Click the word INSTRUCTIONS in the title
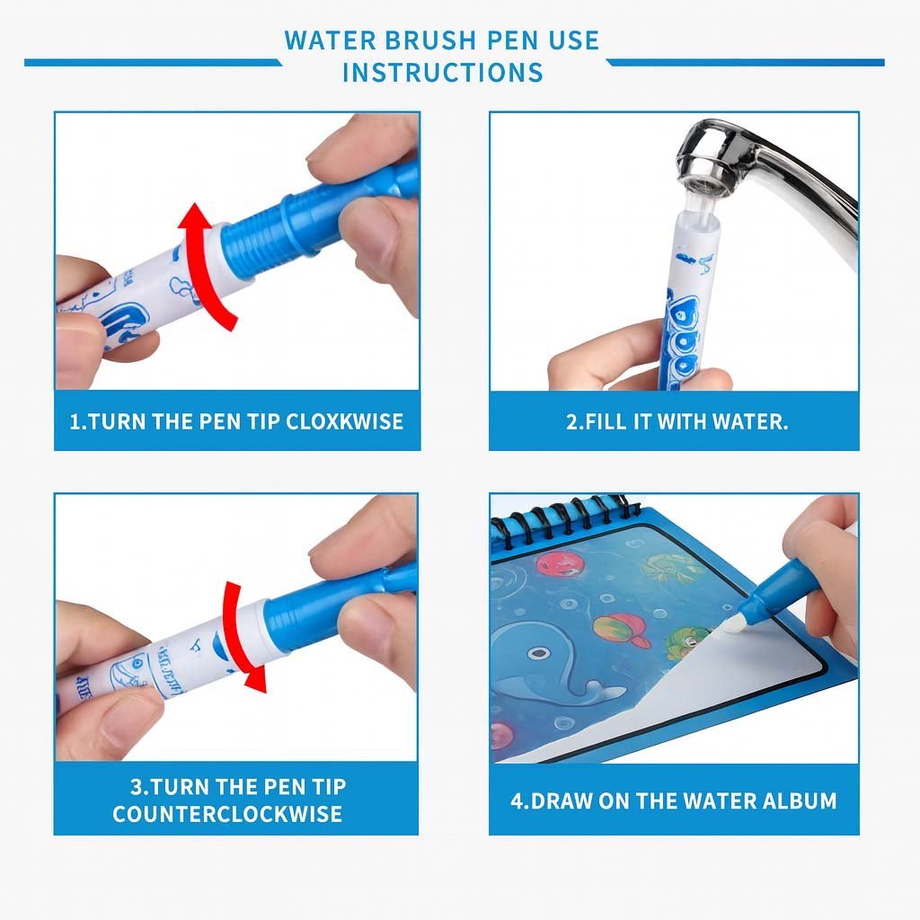pos(443,73)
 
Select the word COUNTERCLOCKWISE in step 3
pos(227,814)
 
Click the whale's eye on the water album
pos(538,652)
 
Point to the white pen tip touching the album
pos(734,625)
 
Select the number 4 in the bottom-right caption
pos(516,801)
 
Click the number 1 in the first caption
pos(74,421)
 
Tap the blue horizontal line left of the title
pos(153,62)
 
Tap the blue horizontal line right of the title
pos(745,62)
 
